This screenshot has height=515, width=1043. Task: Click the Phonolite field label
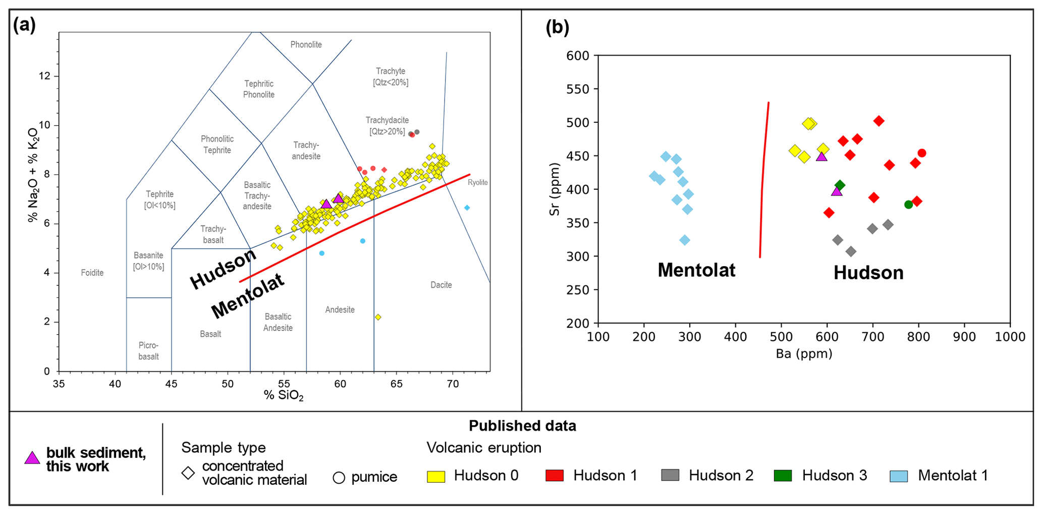pos(306,45)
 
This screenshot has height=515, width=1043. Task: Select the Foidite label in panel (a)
pos(92,273)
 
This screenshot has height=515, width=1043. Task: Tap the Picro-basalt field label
pos(148,351)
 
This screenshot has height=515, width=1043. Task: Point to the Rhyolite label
pos(477,183)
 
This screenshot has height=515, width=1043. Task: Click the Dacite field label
pos(441,285)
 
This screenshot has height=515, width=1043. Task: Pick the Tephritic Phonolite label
pos(259,89)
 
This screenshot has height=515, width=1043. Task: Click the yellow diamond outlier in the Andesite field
pos(378,317)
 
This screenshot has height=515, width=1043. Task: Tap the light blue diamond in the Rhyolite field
pos(467,208)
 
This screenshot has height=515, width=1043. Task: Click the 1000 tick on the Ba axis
pos(1010,337)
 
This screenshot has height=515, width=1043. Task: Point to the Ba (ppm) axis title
pos(804,354)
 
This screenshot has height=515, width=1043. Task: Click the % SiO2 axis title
pos(284,395)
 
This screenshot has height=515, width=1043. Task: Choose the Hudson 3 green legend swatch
pos(783,476)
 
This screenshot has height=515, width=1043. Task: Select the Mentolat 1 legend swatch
pos(899,476)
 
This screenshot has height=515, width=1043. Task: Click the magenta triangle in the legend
pos(32,458)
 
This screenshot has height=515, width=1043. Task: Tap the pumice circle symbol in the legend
pos(339,478)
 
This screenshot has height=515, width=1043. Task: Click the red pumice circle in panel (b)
pos(922,153)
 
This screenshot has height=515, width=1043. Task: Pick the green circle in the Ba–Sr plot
pos(909,204)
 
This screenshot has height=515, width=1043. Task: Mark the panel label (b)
pos(557,27)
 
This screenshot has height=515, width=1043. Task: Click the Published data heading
pos(522,426)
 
